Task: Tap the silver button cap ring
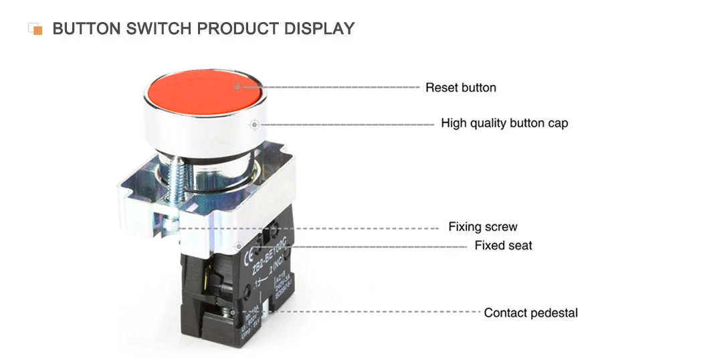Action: point(201,130)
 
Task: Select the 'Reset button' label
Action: point(461,88)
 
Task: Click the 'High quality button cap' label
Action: point(504,123)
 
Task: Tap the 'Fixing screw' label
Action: point(483,227)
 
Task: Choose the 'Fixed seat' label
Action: point(503,246)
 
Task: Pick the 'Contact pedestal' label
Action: point(530,312)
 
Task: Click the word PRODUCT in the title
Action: point(239,29)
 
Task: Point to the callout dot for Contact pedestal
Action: point(231,312)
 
